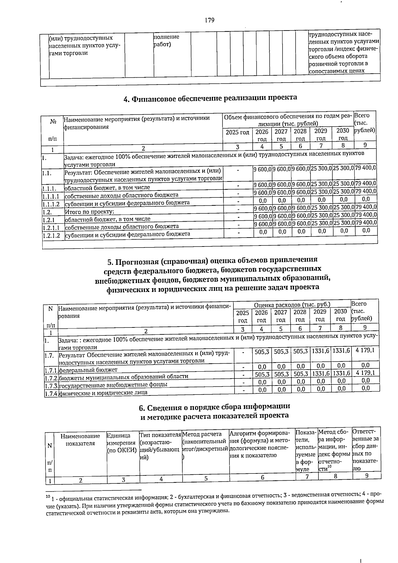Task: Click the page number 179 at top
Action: [x=209, y=21]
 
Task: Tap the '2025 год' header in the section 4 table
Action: [x=237, y=132]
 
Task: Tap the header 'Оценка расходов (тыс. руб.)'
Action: [x=292, y=304]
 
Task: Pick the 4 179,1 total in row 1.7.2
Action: [x=365, y=373]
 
